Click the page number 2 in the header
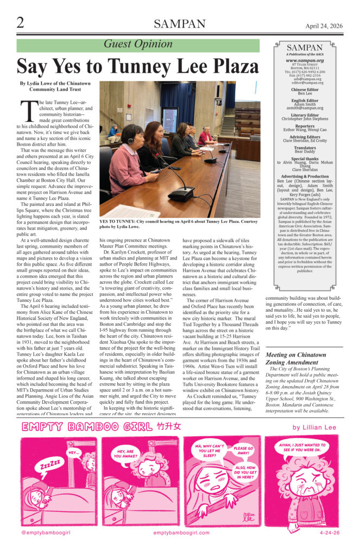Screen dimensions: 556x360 [x=20, y=23]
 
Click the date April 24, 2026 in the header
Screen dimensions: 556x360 [x=324, y=26]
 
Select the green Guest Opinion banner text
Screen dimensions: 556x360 [x=138, y=45]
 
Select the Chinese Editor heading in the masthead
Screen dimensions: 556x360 [x=305, y=90]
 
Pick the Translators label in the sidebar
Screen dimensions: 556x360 [x=305, y=147]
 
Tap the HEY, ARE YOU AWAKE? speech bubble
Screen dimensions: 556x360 [x=124, y=454]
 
